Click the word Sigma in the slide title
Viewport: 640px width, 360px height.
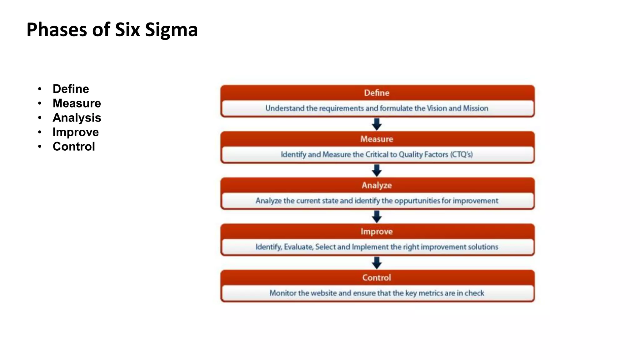pos(171,30)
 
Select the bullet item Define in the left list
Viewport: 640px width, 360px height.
pos(71,89)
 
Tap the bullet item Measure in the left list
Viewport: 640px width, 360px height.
pos(77,103)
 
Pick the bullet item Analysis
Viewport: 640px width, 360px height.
pos(77,118)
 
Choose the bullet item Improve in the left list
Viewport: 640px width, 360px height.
pos(76,132)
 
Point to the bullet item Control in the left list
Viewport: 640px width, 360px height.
pos(74,147)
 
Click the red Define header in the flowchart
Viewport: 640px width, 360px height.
pos(377,93)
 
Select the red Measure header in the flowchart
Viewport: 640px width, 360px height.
pos(377,139)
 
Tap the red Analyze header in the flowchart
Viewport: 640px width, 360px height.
pos(377,185)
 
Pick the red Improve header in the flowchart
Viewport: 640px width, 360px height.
pos(377,232)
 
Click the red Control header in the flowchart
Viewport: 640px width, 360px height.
pos(377,278)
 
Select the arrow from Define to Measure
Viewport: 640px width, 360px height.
pos(377,124)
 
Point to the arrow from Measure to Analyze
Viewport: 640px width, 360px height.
pos(377,170)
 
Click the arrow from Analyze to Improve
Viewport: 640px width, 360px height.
pos(377,217)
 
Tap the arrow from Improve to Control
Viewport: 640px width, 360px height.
pos(377,263)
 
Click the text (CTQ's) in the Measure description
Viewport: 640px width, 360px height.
pos(461,154)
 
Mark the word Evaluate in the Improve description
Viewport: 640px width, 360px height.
pos(298,247)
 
